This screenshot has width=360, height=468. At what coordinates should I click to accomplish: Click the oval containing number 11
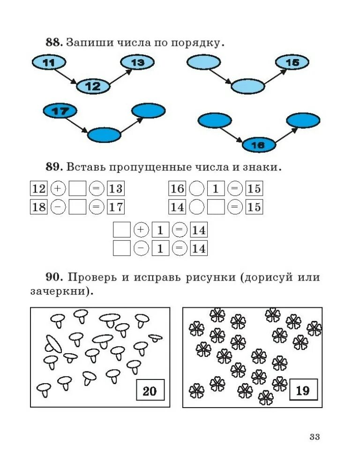point(48,62)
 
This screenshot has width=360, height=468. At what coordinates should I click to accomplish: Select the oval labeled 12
point(93,86)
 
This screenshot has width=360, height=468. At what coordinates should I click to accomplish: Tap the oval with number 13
point(137,62)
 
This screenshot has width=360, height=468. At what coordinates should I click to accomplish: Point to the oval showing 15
point(292,62)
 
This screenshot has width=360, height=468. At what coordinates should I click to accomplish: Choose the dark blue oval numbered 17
point(60,111)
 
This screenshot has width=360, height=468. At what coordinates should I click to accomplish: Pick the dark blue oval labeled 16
point(258,145)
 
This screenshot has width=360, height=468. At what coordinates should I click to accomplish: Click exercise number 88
point(53,42)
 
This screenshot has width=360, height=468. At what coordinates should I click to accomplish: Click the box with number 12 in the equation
point(38,189)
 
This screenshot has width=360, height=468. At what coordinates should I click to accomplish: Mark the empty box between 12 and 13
point(77,189)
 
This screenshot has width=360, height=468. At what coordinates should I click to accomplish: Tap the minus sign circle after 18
point(58,207)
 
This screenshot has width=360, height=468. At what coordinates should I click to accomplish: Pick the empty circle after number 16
point(197,189)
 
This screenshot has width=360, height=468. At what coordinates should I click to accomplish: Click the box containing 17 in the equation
point(115,207)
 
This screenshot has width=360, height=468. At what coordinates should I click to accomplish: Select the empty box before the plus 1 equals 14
point(122,230)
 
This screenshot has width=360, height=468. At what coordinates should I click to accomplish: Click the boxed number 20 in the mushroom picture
point(150,390)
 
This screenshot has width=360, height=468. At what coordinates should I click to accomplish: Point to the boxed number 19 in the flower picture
point(303,390)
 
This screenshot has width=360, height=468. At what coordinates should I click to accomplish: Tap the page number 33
point(314,437)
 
